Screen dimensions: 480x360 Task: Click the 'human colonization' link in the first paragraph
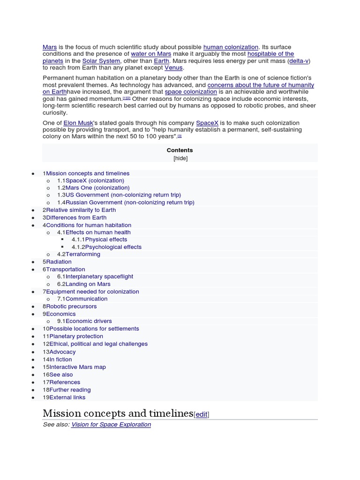click(231, 47)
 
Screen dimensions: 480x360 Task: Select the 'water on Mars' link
click(151, 54)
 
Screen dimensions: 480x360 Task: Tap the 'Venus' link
click(173, 68)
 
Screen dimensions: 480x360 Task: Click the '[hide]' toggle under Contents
click(180, 158)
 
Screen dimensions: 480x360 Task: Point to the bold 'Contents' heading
click(180, 150)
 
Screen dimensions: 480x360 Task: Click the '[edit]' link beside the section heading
click(202, 414)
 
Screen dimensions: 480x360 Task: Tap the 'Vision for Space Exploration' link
click(111, 424)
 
